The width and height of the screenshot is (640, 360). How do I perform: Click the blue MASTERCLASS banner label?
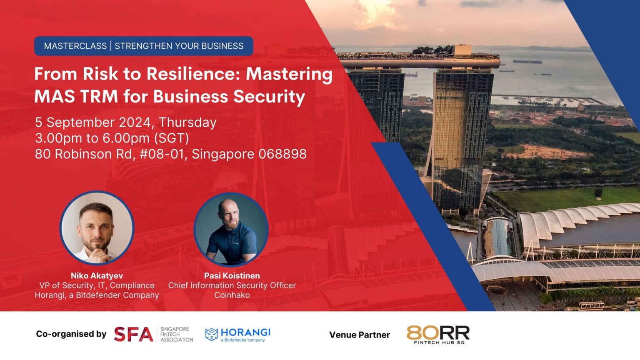[x=143, y=46]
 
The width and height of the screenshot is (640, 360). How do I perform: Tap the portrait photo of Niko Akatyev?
[x=97, y=228]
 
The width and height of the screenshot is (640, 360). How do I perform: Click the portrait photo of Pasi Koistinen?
[x=231, y=230]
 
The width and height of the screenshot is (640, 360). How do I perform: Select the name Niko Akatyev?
[x=97, y=276]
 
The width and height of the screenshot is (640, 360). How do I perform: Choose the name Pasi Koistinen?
[x=232, y=276]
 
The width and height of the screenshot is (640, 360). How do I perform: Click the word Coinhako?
[x=232, y=295]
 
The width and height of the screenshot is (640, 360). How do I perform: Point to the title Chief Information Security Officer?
[x=232, y=285]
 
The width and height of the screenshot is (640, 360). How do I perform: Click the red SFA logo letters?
[x=133, y=334]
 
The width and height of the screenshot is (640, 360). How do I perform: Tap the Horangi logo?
[x=238, y=334]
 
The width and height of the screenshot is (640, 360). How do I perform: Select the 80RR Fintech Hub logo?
[x=438, y=335]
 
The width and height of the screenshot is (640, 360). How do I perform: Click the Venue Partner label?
[x=360, y=335]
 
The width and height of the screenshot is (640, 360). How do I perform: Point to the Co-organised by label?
[x=71, y=334]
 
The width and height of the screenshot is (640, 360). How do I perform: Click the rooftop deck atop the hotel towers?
[x=419, y=58]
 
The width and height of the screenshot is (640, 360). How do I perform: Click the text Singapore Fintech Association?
[x=177, y=335]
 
